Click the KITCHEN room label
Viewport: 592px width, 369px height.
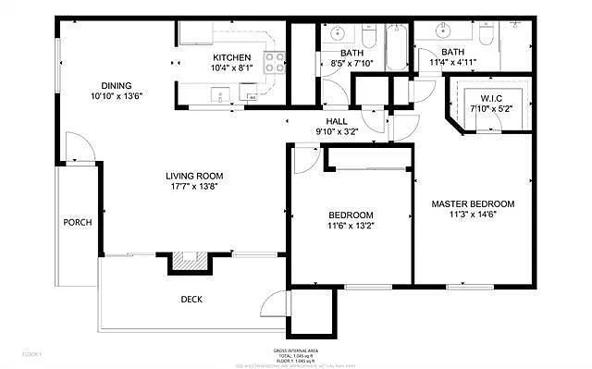[x=231, y=57]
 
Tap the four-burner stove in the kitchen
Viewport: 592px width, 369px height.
[x=275, y=62]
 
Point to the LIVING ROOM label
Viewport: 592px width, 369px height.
[x=194, y=176]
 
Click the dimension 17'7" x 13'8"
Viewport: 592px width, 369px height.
[x=194, y=186]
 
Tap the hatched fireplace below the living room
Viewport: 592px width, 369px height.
[x=189, y=262]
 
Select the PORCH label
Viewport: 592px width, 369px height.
[x=77, y=223]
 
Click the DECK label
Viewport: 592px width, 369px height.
[x=191, y=299]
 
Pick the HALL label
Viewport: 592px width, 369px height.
[x=336, y=121]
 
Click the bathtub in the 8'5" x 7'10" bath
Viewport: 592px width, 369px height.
[x=396, y=48]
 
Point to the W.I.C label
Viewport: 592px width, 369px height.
[x=490, y=97]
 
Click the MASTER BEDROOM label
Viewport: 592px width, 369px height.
[x=473, y=203]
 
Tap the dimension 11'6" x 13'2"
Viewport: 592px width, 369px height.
[x=351, y=225]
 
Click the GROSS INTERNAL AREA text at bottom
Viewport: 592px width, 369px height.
[x=296, y=351]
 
